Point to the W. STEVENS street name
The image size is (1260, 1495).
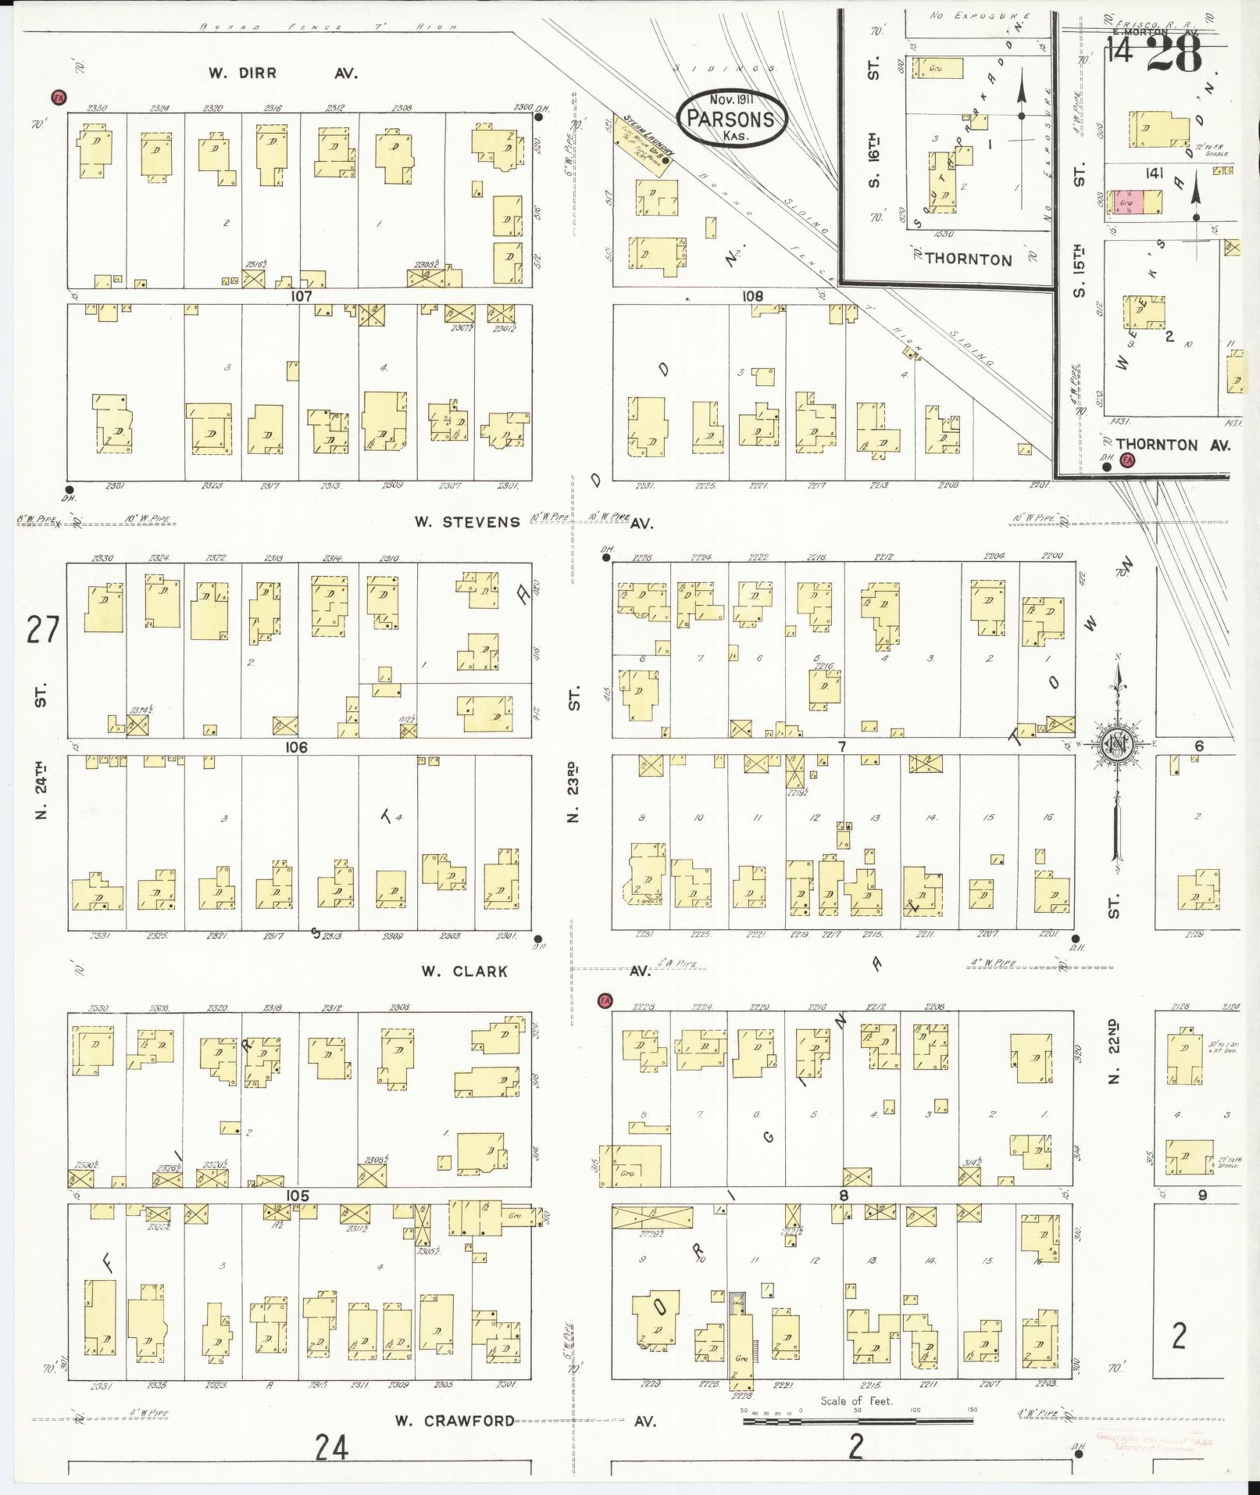click(467, 521)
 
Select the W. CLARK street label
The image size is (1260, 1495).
click(464, 971)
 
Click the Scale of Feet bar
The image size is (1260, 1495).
click(859, 1422)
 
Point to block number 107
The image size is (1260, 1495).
click(301, 296)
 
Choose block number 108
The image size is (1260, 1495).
click(752, 296)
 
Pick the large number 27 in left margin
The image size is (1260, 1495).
click(42, 630)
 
